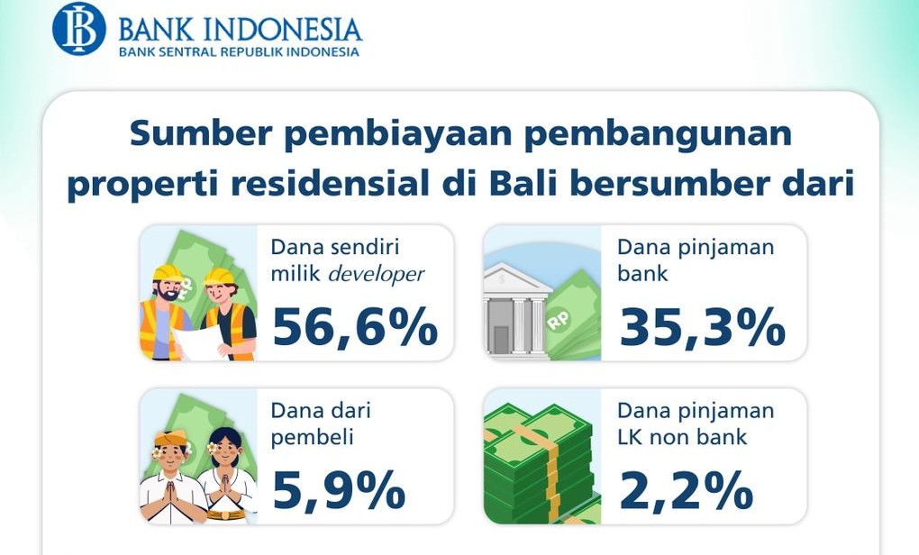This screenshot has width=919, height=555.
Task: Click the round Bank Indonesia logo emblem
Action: (79, 29)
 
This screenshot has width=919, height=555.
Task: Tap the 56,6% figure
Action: (355, 327)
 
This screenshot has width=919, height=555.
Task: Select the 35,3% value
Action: (702, 327)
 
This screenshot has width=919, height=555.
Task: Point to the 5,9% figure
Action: (339, 490)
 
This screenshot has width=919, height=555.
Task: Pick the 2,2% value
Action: (686, 490)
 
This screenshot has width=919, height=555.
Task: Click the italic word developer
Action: (377, 274)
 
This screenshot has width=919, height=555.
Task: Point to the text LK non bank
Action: (682, 437)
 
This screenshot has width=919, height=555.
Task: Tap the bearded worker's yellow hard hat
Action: (168, 273)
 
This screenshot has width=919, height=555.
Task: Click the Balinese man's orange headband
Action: (170, 438)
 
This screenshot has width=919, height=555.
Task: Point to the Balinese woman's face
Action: (227, 450)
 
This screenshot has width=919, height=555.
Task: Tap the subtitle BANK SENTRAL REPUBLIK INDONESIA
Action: (239, 51)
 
